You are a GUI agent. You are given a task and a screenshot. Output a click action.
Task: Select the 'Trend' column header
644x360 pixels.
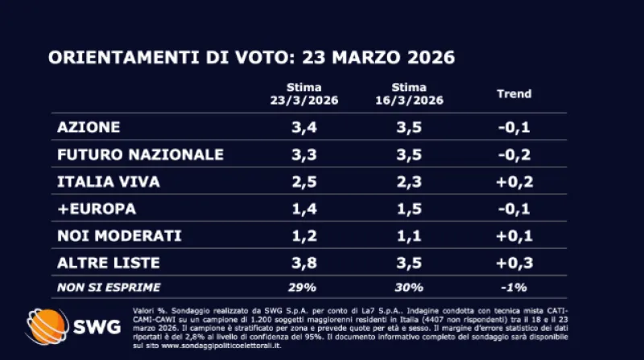(514, 94)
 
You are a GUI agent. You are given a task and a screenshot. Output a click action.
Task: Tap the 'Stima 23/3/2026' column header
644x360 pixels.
(305, 94)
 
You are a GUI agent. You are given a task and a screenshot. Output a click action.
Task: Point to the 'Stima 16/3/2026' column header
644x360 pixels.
(409, 94)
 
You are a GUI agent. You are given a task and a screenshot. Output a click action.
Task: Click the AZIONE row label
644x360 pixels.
(89, 127)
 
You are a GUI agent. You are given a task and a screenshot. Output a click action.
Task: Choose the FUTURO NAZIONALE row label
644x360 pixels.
(140, 155)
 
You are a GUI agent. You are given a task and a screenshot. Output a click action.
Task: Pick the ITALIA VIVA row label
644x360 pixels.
(109, 182)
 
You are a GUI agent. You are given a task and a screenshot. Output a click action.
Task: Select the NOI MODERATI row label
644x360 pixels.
(120, 237)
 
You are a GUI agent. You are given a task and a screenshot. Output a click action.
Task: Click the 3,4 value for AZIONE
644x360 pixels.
(304, 127)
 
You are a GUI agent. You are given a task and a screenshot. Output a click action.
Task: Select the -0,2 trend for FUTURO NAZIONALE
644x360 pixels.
(513, 155)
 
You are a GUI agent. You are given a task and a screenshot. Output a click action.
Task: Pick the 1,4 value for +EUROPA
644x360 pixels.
(304, 209)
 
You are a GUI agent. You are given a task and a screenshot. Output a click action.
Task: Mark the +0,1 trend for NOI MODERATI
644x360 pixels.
(513, 237)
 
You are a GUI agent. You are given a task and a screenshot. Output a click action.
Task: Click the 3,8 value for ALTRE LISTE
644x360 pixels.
(304, 263)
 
